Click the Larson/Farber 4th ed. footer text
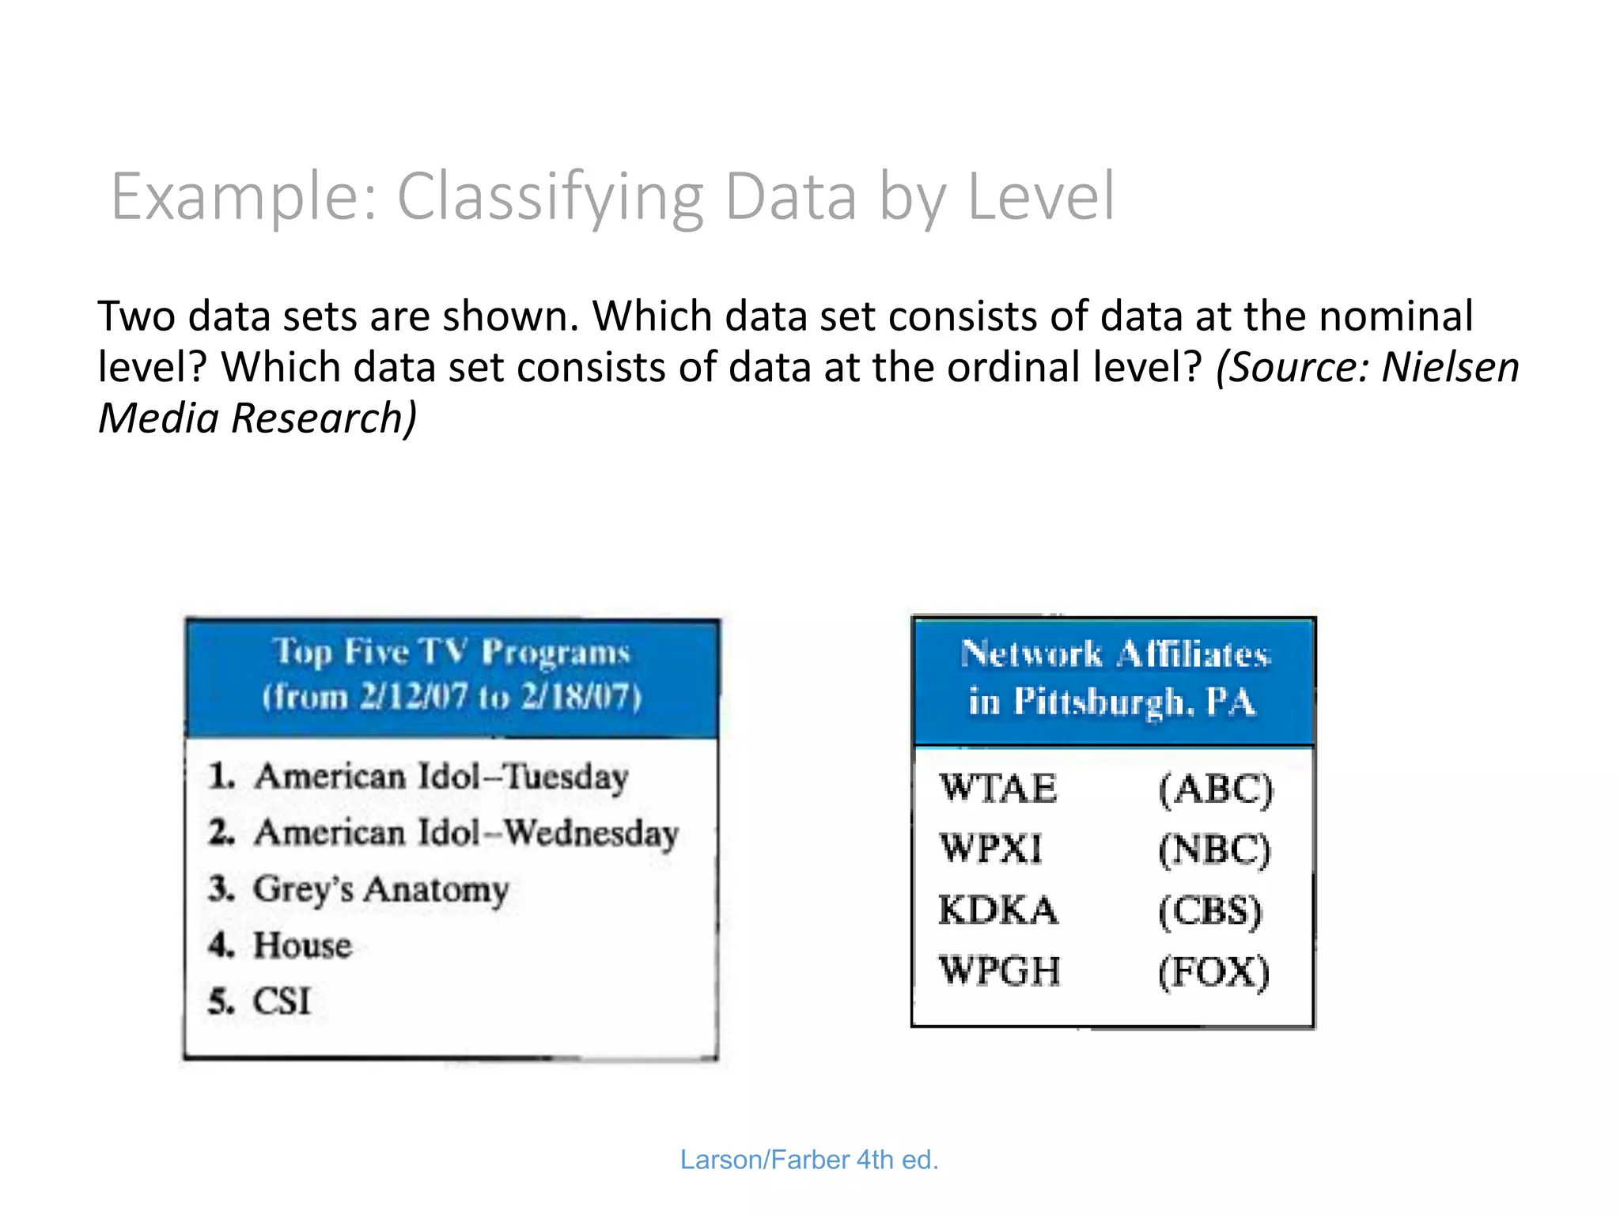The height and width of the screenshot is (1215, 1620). click(x=809, y=1160)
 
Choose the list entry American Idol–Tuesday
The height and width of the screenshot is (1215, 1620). click(x=441, y=776)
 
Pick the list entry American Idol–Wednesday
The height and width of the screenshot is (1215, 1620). click(x=466, y=833)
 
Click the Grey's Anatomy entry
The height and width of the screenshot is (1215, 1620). click(x=380, y=890)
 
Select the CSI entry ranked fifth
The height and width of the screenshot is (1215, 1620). click(x=282, y=1001)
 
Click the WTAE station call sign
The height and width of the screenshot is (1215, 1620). click(x=997, y=789)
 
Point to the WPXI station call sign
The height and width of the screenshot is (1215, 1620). click(x=991, y=849)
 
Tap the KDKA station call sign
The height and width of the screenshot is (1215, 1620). click(x=997, y=910)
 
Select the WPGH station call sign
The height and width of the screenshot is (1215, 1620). click(x=999, y=971)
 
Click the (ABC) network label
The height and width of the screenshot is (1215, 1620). click(x=1216, y=789)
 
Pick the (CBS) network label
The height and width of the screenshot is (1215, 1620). click(x=1210, y=911)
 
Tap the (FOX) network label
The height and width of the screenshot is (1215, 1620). click(x=1213, y=972)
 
